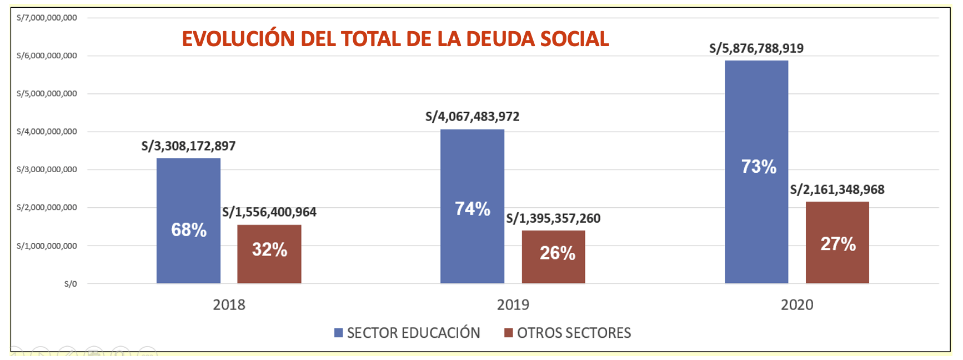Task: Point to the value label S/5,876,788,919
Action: [x=756, y=48]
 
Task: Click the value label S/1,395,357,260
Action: [x=553, y=218]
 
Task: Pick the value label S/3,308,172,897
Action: [x=188, y=146]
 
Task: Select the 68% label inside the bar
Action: [x=189, y=229]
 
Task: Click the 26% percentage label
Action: [x=558, y=253]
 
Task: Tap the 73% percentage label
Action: [x=759, y=167]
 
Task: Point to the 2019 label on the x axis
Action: [x=513, y=304]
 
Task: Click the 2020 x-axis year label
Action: [x=797, y=304]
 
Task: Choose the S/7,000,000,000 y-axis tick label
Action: [x=47, y=18]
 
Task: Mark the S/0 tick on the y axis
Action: [x=71, y=284]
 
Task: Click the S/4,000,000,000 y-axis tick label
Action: [x=47, y=132]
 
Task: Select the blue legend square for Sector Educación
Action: [x=338, y=333]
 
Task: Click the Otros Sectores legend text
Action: [x=574, y=333]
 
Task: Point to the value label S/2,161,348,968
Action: [x=837, y=189]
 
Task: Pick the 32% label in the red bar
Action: [x=269, y=249]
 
